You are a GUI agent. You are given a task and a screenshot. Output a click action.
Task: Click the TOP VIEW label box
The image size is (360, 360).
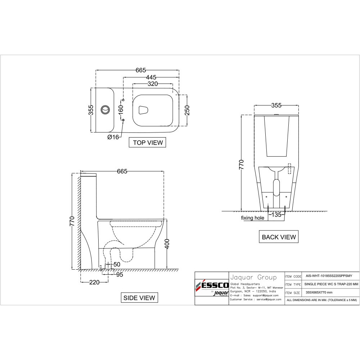click(148, 143)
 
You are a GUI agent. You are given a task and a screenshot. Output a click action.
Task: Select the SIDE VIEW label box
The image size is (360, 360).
click(139, 298)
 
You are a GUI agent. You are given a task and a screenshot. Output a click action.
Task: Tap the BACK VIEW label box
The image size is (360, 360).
click(279, 237)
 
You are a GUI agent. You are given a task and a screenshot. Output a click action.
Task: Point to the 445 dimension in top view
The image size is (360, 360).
click(151, 77)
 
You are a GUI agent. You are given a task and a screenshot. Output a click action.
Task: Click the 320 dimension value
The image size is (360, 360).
click(153, 84)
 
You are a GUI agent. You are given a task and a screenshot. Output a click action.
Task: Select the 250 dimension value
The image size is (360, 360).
click(187, 111)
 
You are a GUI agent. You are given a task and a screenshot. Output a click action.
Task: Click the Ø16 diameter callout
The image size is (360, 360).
click(113, 137)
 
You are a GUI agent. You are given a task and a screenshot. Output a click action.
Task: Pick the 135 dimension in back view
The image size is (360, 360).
click(276, 215)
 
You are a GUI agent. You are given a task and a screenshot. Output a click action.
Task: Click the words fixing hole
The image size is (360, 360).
click(252, 218)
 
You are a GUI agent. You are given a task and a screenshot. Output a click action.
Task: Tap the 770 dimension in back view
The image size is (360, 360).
click(242, 164)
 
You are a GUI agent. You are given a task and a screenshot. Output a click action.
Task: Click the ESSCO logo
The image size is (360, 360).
click(212, 287)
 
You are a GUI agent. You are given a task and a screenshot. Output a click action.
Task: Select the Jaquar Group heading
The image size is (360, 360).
click(253, 277)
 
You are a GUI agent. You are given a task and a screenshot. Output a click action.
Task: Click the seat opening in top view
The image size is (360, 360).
click(143, 109)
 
